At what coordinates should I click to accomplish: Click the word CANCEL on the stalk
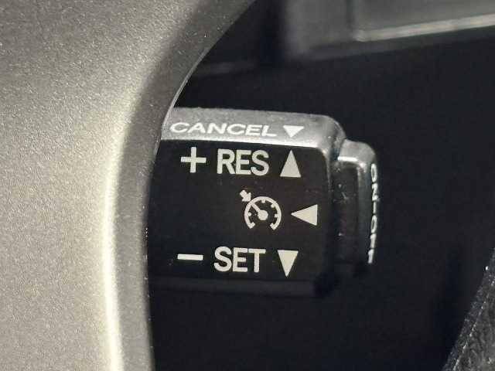pyautogui.click(x=223, y=129)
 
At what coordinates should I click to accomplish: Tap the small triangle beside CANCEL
pyautogui.click(x=293, y=131)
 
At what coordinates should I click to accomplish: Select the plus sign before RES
pyautogui.click(x=193, y=160)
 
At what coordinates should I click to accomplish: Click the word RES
pyautogui.click(x=243, y=162)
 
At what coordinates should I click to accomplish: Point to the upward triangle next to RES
pyautogui.click(x=291, y=165)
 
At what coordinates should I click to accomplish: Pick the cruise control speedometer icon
pyautogui.click(x=261, y=210)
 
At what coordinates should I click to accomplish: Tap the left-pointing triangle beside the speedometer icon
pyautogui.click(x=305, y=215)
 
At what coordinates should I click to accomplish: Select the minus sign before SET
pyautogui.click(x=190, y=257)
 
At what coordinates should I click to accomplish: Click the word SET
pyautogui.click(x=240, y=260)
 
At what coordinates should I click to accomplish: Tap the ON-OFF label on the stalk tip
pyautogui.click(x=373, y=213)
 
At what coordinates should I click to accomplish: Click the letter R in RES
pyautogui.click(x=225, y=162)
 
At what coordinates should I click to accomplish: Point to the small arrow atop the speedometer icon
pyautogui.click(x=244, y=195)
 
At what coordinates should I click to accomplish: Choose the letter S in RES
pyautogui.click(x=260, y=163)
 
